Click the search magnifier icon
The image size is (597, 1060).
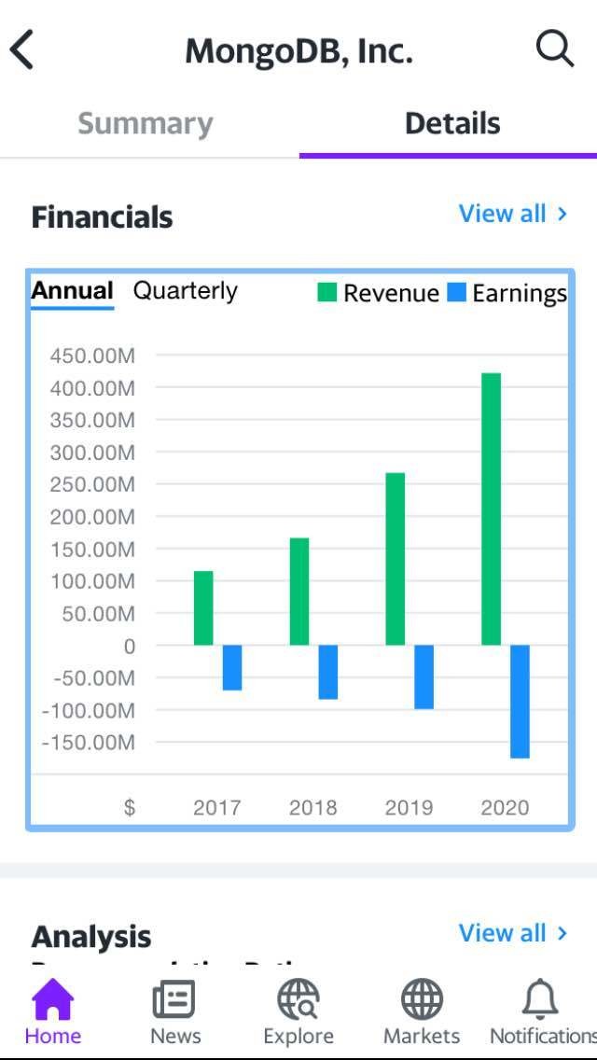555,48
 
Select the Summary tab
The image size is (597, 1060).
146,123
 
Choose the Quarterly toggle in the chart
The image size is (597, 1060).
185,290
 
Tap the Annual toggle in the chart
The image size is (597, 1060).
72,290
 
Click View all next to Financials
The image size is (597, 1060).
512,214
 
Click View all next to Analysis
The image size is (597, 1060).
512,933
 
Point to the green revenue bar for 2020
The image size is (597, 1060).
491,509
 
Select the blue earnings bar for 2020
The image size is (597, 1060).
520,701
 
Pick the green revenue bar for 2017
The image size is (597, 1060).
203,607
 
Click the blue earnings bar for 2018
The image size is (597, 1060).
328,672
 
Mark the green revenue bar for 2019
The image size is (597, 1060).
396,558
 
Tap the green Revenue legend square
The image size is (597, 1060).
326,293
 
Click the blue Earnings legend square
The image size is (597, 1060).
456,293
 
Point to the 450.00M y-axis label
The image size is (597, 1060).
92,356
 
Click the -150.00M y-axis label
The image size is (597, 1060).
90,743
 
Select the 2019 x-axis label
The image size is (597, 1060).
409,807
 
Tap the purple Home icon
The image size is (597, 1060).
52,999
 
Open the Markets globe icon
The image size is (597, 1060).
422,999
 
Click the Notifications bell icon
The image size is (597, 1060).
541,999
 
